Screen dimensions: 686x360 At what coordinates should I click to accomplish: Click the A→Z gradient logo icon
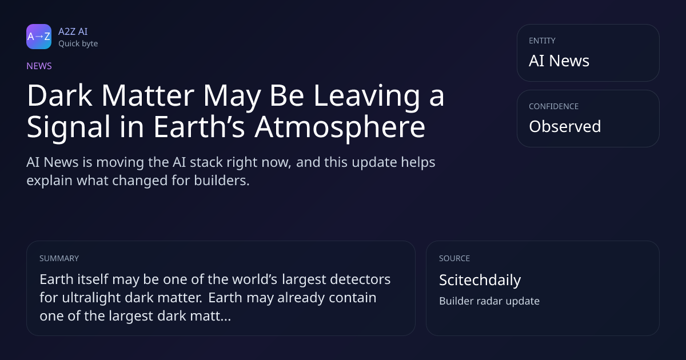39,37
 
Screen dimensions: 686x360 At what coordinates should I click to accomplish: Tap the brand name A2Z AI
73,31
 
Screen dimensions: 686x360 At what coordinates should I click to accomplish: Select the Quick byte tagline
78,44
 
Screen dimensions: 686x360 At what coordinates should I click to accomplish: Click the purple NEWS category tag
39,66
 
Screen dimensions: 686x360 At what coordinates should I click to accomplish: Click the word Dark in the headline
59,95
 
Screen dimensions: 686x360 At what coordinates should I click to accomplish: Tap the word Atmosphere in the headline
340,127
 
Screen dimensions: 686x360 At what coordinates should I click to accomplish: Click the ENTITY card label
542,41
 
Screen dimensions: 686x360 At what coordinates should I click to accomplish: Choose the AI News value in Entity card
559,61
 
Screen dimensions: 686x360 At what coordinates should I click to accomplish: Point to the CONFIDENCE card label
554,106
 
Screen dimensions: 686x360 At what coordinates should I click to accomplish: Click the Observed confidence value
565,126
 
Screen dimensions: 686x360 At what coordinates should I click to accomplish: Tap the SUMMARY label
59,258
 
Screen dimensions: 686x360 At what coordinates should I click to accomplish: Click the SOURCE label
454,258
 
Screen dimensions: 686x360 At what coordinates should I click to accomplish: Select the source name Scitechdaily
480,280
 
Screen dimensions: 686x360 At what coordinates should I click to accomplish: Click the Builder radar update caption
489,301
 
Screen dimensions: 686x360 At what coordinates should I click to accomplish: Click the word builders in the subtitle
222,181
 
